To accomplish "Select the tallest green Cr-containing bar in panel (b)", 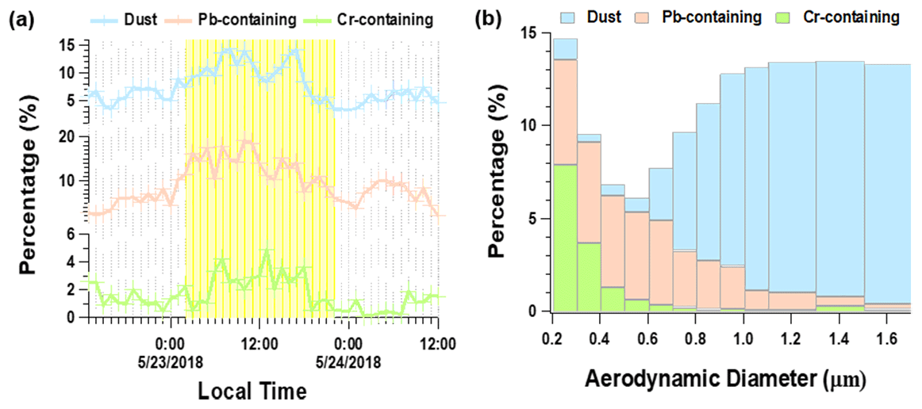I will [x=565, y=238].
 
